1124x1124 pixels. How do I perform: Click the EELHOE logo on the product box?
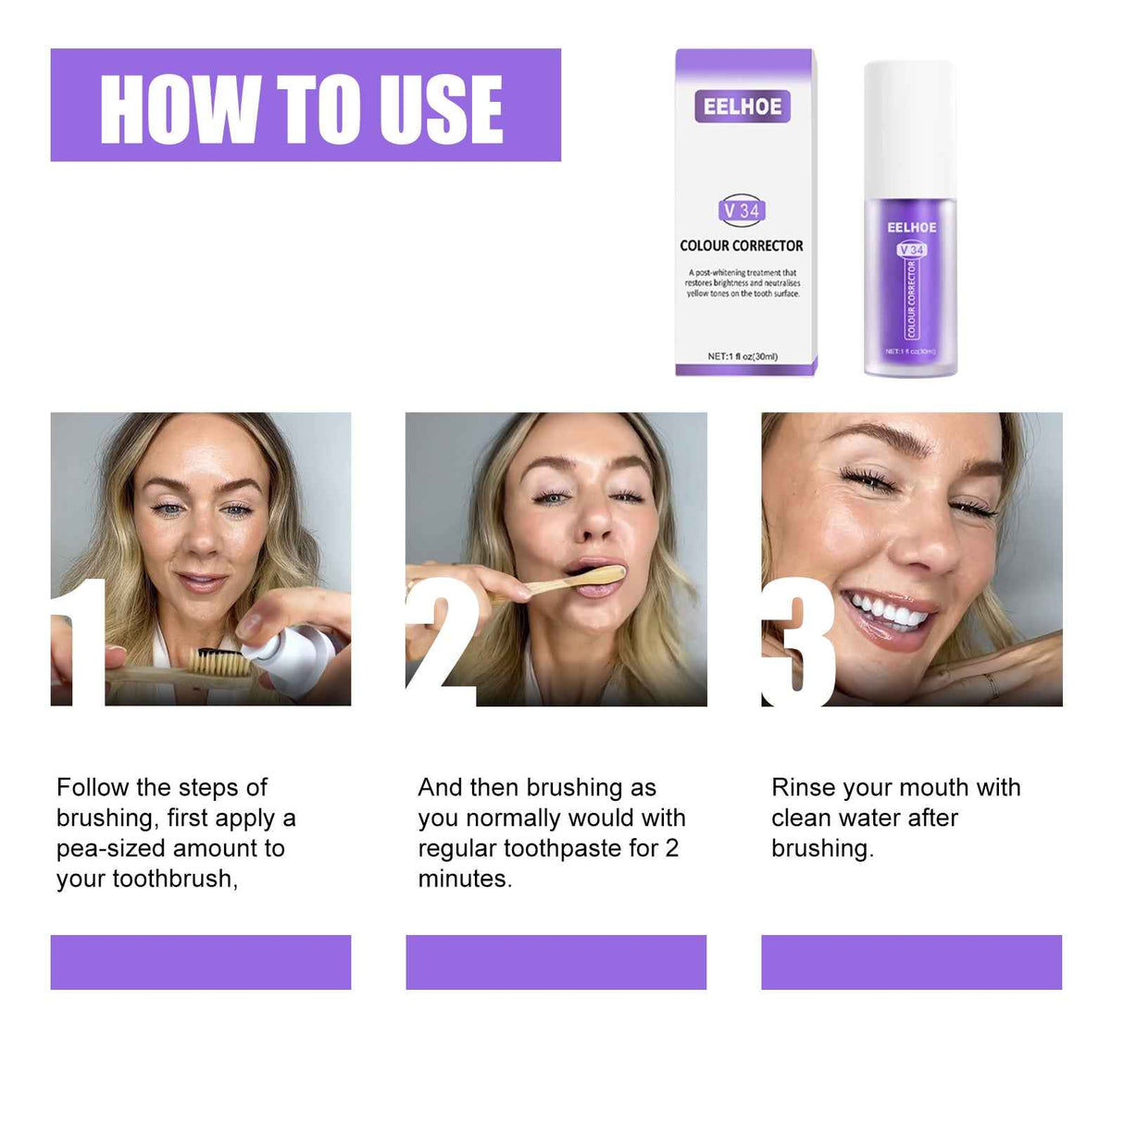(x=743, y=106)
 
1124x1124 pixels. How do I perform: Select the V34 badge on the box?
(x=743, y=210)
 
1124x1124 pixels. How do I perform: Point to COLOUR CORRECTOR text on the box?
(x=742, y=245)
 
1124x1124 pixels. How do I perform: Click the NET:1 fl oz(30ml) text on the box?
(x=743, y=356)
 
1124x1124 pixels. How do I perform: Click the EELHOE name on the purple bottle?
(x=912, y=227)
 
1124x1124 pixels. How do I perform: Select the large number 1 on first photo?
(x=81, y=643)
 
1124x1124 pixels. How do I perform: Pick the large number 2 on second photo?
(x=443, y=643)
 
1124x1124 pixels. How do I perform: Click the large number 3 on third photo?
(x=798, y=643)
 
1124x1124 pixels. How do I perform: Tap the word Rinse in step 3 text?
(x=804, y=787)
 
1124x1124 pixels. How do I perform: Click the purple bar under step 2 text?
(x=556, y=962)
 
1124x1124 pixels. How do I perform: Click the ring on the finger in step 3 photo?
(x=992, y=685)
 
